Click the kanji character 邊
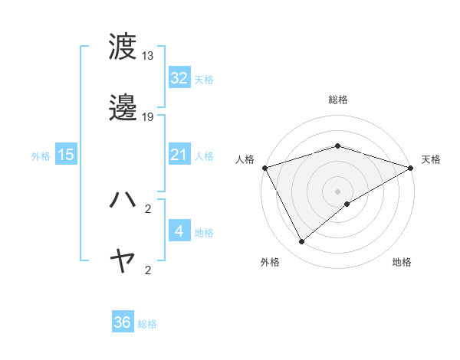pyautogui.click(x=123, y=109)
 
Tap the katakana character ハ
pyautogui.click(x=123, y=200)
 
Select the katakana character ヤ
pyautogui.click(x=123, y=262)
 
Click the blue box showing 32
pyautogui.click(x=179, y=78)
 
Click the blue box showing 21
pyautogui.click(x=179, y=155)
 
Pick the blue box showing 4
pyautogui.click(x=179, y=231)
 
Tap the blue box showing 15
pyautogui.click(x=66, y=155)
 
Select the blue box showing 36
pyautogui.click(x=123, y=323)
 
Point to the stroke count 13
pyautogui.click(x=148, y=56)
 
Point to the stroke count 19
pyautogui.click(x=148, y=117)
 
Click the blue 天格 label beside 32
pyautogui.click(x=204, y=79)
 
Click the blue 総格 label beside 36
pyautogui.click(x=148, y=324)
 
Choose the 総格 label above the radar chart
pyautogui.click(x=337, y=100)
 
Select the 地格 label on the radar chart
pyautogui.click(x=402, y=262)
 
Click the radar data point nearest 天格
pyautogui.click(x=412, y=167)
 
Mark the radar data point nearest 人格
pyautogui.click(x=264, y=167)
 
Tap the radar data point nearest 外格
pyautogui.click(x=301, y=241)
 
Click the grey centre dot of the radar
pyautogui.click(x=337, y=191)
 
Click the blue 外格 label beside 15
pyautogui.click(x=41, y=155)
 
